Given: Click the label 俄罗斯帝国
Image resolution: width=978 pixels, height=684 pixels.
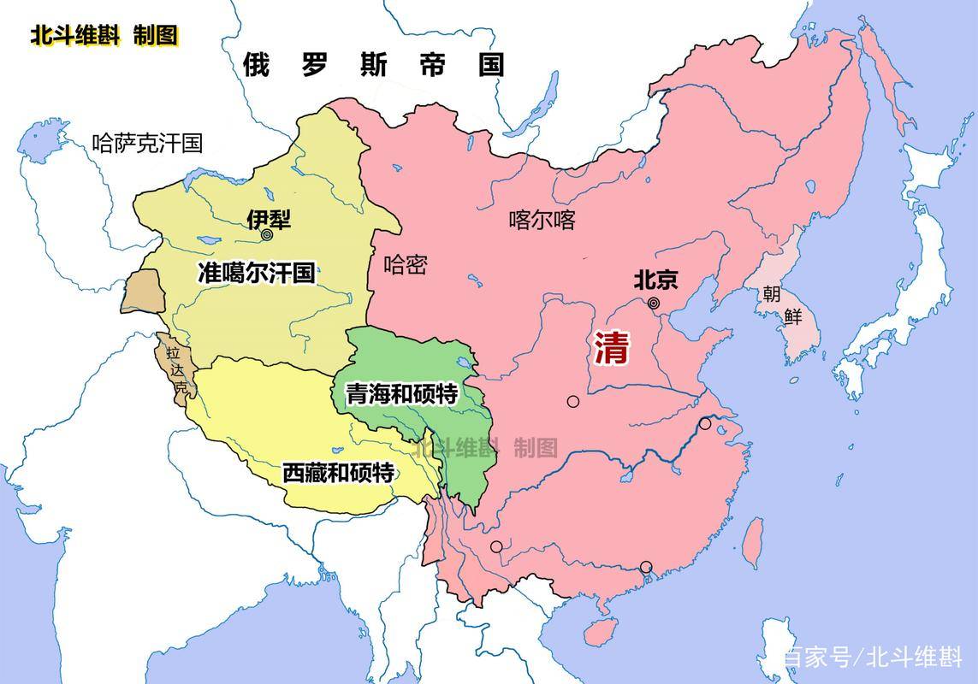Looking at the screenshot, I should (373, 65).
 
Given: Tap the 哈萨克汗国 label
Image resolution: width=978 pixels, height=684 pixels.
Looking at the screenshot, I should (147, 143).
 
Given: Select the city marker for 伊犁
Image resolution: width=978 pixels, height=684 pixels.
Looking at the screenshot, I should (267, 234).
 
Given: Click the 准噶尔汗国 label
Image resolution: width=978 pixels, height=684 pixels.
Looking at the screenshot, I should (256, 274).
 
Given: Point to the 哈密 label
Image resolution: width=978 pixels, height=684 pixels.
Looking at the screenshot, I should (405, 264).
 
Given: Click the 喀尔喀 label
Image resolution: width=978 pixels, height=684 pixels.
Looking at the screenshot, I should (542, 221).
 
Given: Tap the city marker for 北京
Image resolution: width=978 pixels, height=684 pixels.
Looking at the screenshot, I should (654, 303).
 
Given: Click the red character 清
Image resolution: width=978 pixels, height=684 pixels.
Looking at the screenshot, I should (612, 347).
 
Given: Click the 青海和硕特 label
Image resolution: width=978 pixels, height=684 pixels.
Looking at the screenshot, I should (401, 394).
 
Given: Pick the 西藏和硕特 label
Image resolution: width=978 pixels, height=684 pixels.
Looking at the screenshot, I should (338, 472).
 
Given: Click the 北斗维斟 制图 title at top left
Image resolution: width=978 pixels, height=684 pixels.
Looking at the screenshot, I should (104, 36).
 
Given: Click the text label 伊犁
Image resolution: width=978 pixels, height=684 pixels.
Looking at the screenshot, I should (269, 219).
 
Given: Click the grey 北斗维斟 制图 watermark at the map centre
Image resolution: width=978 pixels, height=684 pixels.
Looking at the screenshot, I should (485, 446).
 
